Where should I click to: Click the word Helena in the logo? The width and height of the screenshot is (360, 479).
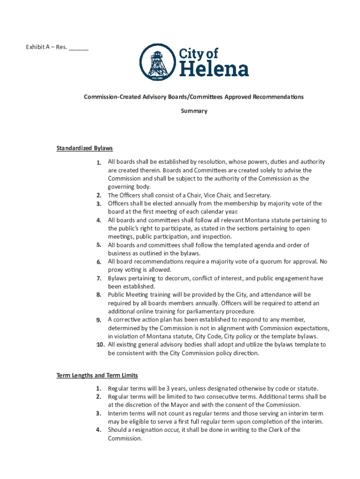coord(214,70)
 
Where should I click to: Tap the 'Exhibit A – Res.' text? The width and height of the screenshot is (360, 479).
coord(46,47)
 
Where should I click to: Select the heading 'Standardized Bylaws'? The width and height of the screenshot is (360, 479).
coord(85,148)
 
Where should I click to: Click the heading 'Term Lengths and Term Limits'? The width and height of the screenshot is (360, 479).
coord(97,375)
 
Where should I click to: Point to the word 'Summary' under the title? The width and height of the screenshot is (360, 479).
coord(194,111)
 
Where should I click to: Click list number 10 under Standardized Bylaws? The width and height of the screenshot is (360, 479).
coord(100,345)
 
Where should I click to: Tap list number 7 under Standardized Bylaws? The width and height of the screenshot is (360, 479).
coord(99,278)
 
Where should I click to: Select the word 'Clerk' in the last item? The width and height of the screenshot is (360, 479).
coord(279,430)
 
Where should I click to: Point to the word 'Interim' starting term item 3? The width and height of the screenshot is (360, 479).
coord(119,414)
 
